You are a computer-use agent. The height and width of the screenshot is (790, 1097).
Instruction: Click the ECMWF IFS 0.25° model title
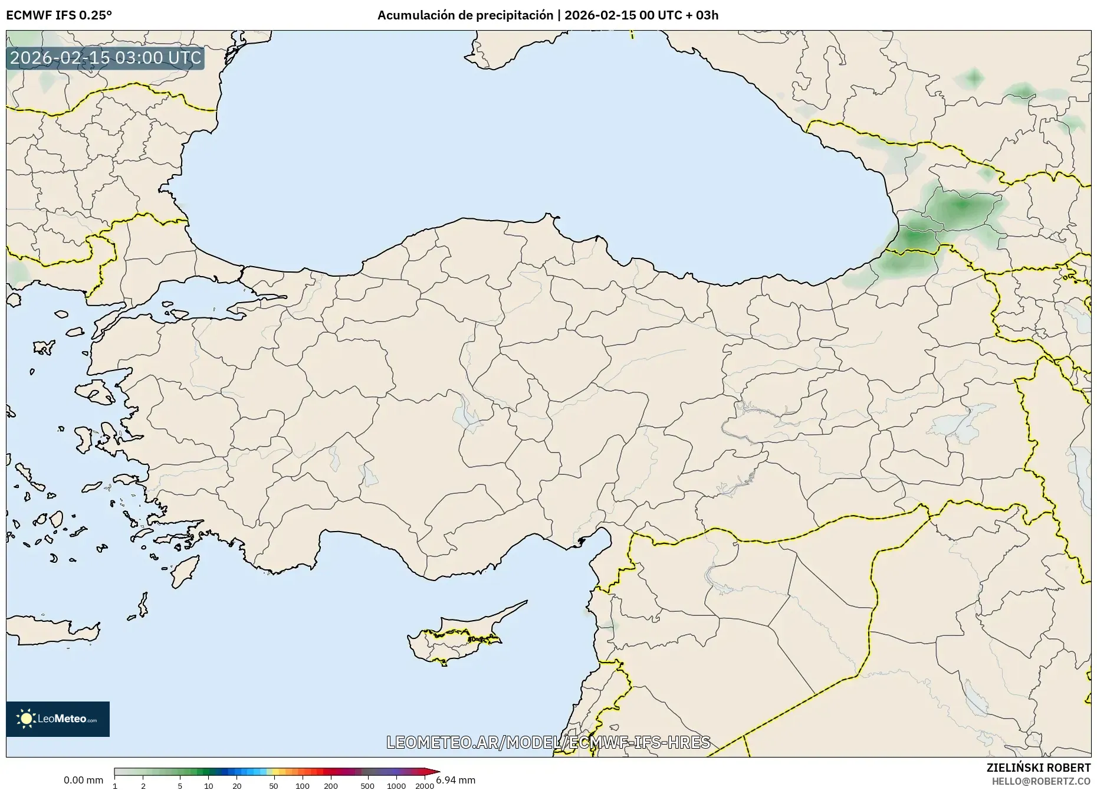pyautogui.click(x=59, y=15)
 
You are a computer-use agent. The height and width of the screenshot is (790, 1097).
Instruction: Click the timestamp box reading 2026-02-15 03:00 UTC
pyautogui.click(x=106, y=58)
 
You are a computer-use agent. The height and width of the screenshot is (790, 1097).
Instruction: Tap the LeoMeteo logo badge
pyautogui.click(x=58, y=719)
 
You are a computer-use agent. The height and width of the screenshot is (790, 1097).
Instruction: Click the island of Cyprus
pyautogui.click(x=454, y=637)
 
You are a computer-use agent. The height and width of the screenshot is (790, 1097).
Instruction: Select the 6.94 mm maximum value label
pyautogui.click(x=456, y=780)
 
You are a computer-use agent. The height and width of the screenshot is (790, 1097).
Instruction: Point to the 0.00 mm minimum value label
pyautogui.click(x=83, y=780)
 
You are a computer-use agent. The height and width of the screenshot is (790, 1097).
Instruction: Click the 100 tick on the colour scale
pyautogui.click(x=303, y=785)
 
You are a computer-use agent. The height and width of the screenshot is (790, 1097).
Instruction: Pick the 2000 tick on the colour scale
pyautogui.click(x=425, y=785)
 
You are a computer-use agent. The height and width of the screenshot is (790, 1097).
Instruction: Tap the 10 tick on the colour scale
pyautogui.click(x=208, y=785)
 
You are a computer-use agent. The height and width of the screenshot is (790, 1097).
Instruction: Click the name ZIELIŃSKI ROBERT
pyautogui.click(x=1039, y=768)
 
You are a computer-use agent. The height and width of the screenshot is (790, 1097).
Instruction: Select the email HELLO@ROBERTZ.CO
pyautogui.click(x=1041, y=781)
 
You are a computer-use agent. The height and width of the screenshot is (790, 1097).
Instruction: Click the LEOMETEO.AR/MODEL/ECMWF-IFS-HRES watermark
pyautogui.click(x=548, y=742)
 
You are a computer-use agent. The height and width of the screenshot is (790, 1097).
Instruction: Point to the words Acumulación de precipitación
pyautogui.click(x=465, y=15)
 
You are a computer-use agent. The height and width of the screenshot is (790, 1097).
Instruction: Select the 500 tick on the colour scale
pyautogui.click(x=367, y=785)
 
